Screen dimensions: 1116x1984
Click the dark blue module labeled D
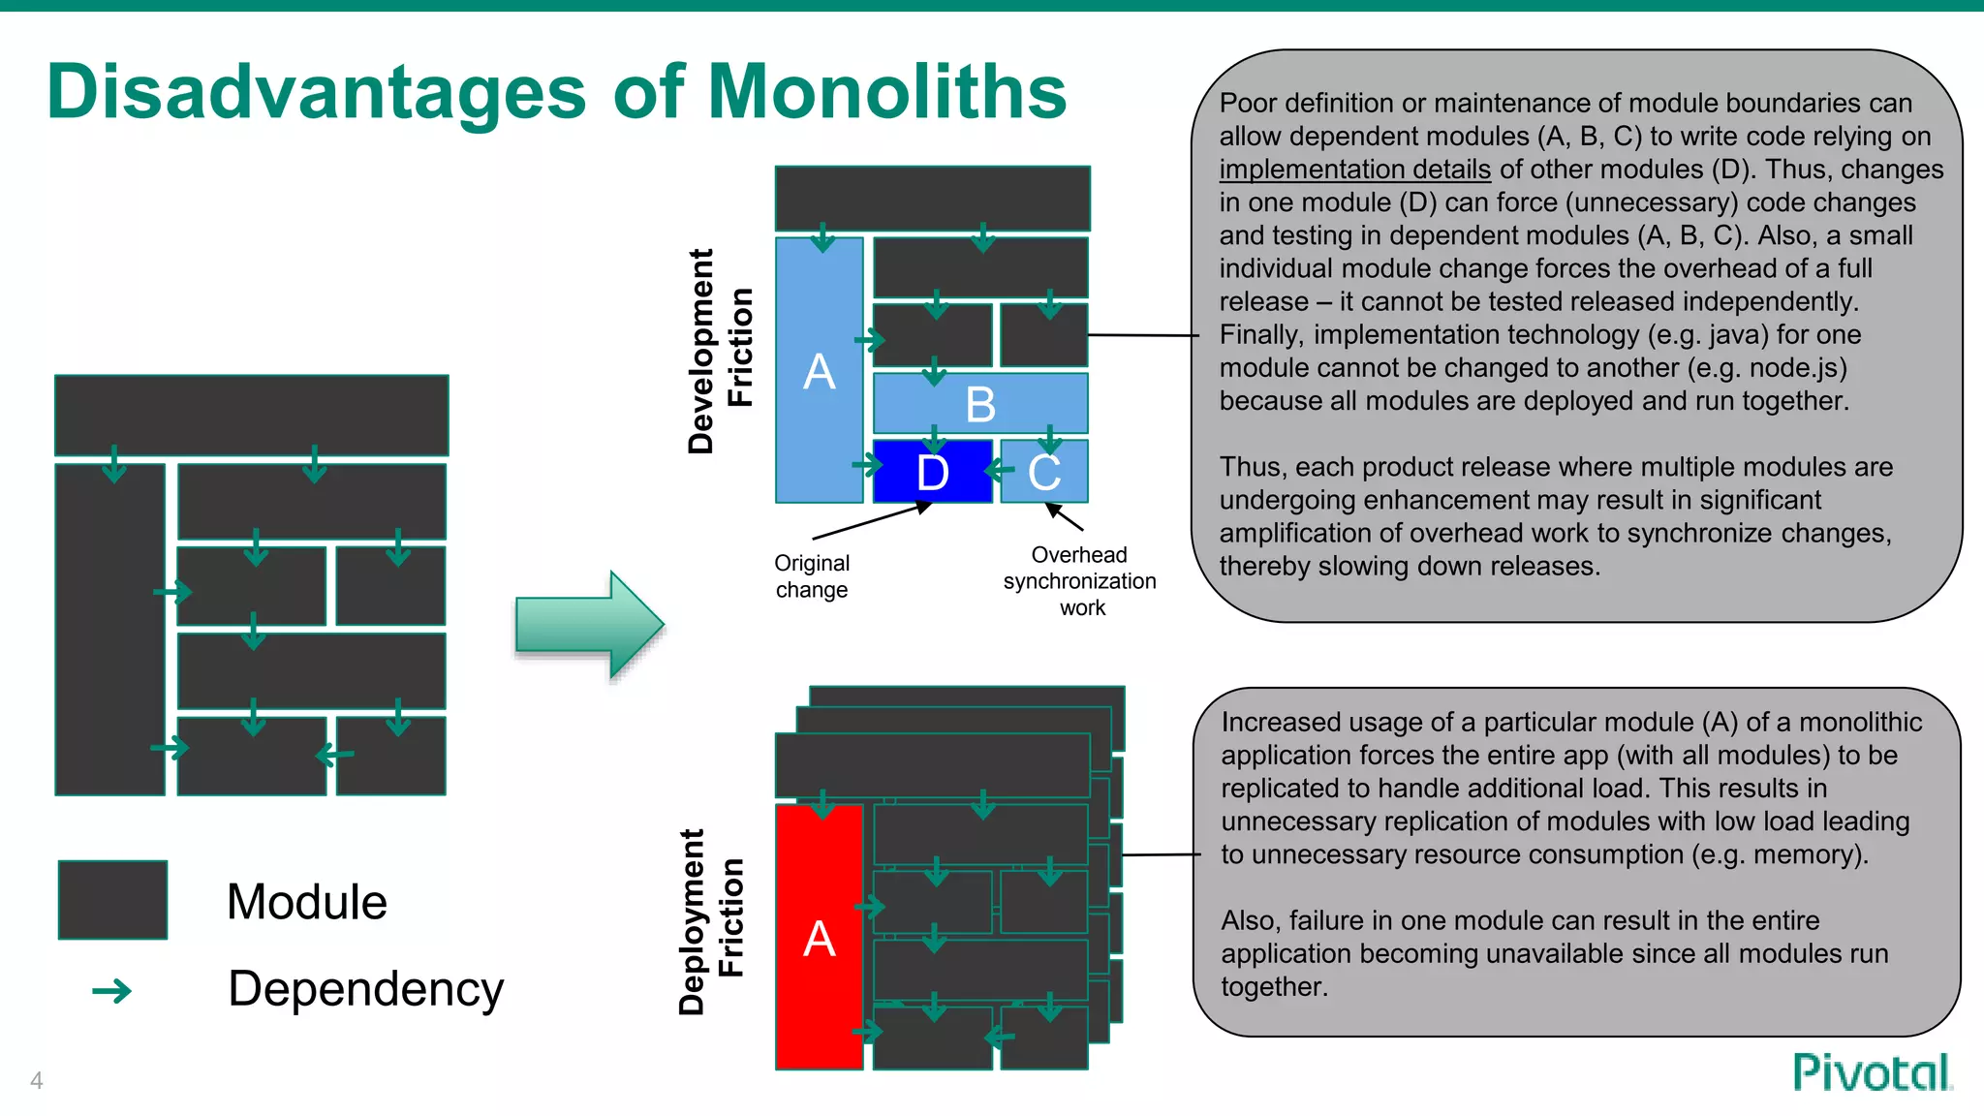[932, 472]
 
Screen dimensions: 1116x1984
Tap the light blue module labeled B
[980, 404]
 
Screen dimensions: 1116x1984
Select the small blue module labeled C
[1044, 473]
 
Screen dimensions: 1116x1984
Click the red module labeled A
[819, 938]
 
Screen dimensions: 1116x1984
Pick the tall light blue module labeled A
[819, 371]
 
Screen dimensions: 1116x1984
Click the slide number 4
[37, 1080]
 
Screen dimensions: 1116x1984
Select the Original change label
[812, 576]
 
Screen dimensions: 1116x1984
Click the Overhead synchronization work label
[1080, 581]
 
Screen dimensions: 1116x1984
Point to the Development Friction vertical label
[719, 351]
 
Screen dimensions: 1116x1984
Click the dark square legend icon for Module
[112, 900]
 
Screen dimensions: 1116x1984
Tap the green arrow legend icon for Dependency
[112, 991]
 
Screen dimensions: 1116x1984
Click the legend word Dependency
[365, 989]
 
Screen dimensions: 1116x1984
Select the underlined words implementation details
[1354, 170]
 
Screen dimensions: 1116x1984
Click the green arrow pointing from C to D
[1000, 471]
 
